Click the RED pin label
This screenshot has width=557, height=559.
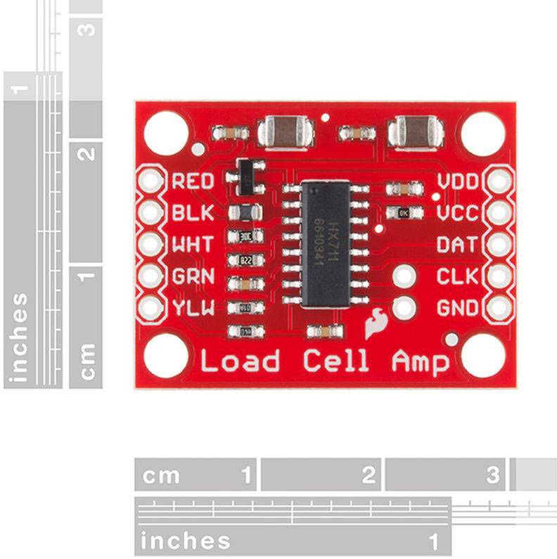[x=193, y=181]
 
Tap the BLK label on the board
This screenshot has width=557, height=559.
[x=193, y=212]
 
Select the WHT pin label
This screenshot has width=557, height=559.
[x=193, y=245]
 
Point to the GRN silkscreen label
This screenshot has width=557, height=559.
[x=193, y=276]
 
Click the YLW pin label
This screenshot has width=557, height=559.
[x=193, y=308]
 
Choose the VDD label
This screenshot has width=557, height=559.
[x=458, y=181]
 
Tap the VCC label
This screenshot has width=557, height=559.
[x=458, y=212]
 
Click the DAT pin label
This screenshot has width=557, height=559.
[x=458, y=245]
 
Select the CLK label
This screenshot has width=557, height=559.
[x=458, y=276]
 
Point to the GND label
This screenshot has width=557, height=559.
[x=458, y=308]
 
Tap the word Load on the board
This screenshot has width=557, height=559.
[x=240, y=361]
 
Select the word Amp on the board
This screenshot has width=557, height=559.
[x=420, y=362]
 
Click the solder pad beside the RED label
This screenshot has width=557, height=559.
[x=150, y=181]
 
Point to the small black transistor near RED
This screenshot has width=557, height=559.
[x=245, y=176]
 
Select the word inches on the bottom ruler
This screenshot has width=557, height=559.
[x=186, y=541]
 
